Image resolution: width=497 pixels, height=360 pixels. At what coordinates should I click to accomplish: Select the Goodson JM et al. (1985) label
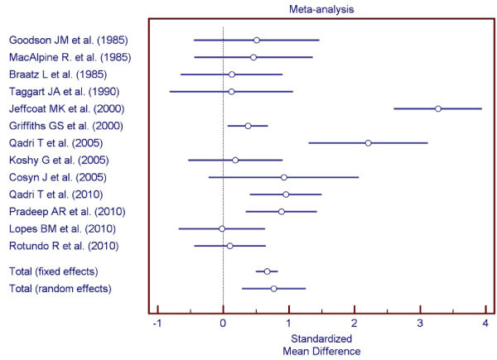68,40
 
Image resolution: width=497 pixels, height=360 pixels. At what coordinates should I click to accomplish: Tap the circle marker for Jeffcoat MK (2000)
438,108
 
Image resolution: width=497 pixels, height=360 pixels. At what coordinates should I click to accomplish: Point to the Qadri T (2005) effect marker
368,142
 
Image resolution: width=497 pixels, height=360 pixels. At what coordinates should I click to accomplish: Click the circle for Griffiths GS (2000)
248,126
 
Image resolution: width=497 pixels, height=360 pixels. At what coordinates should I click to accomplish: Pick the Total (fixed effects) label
52,271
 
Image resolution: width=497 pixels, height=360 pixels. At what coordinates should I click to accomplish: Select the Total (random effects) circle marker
273,288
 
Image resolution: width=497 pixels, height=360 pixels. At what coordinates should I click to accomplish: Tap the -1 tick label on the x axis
157,322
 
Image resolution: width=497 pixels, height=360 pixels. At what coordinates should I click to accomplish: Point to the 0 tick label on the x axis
223,322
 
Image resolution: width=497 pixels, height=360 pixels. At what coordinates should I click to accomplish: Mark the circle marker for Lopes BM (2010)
222,228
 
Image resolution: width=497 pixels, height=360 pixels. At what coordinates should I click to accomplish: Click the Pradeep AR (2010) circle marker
282,211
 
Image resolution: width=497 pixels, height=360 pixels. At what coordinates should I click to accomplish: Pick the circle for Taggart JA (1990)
231,91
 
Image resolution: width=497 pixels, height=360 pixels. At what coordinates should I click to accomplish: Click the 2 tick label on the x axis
355,322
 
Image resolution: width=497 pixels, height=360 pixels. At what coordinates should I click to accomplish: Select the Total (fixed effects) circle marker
267,271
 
